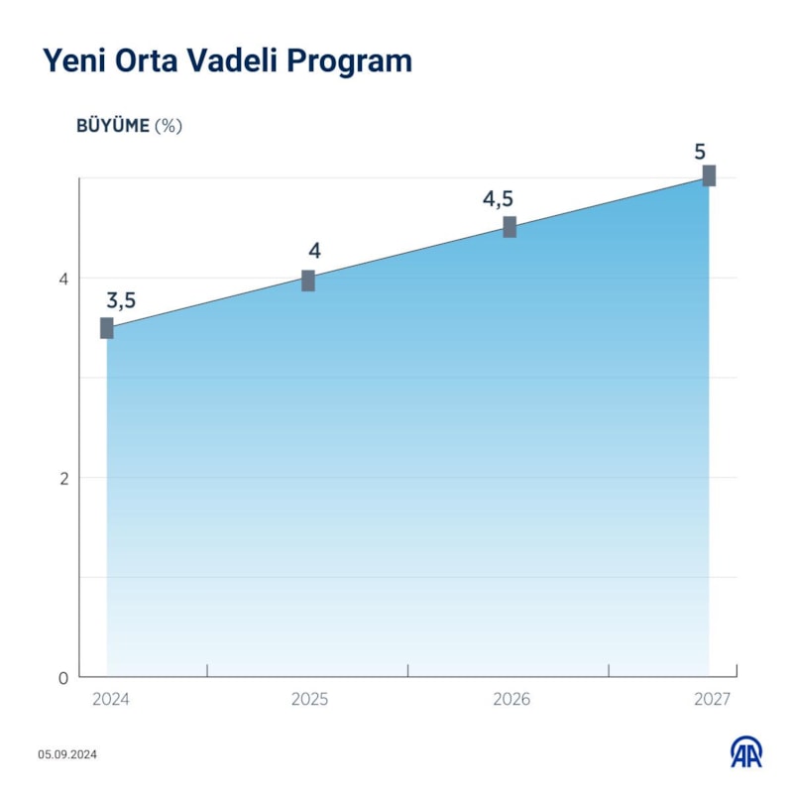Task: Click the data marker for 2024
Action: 107,328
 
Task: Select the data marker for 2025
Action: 308,281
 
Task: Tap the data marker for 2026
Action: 510,227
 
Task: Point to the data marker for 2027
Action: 709,175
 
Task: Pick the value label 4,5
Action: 498,199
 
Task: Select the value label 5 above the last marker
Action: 700,152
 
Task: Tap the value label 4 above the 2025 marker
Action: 314,251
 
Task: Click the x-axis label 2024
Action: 111,700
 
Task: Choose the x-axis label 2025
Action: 309,700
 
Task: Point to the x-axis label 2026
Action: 511,700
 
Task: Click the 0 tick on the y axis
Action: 62,678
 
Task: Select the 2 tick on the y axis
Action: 62,478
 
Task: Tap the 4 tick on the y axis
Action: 62,279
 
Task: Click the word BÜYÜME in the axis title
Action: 113,126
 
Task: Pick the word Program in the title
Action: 349,61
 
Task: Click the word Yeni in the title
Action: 72,61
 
